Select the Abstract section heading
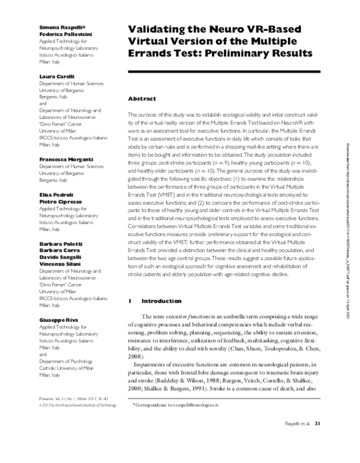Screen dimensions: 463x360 tap(142, 98)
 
